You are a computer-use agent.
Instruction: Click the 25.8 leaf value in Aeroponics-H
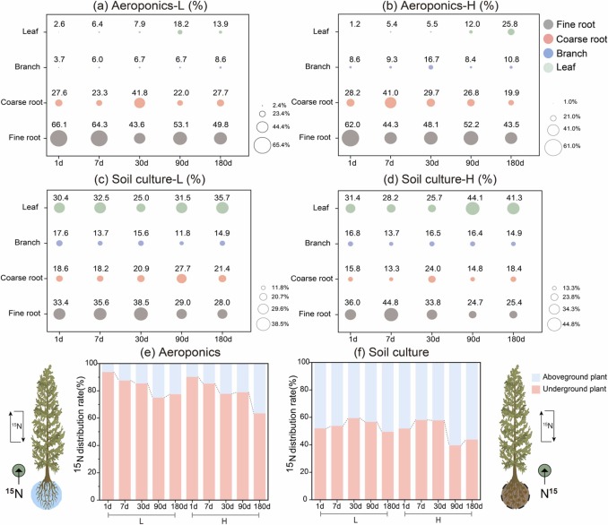click(511, 22)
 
